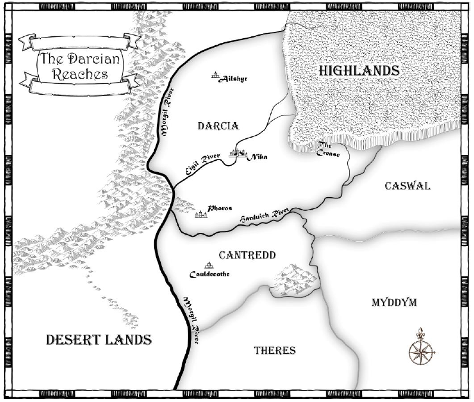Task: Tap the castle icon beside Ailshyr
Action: tap(215, 76)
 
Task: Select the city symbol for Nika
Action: tap(237, 153)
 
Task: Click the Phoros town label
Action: tap(220, 209)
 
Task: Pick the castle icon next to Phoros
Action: tap(200, 212)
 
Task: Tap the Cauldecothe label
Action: tap(209, 275)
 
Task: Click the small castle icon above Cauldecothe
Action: tap(209, 265)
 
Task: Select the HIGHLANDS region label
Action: tap(358, 70)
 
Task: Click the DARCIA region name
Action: tap(217, 126)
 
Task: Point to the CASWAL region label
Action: tap(407, 186)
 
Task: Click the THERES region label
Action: tap(275, 350)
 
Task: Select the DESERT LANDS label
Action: tap(98, 339)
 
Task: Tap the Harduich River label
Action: tap(264, 216)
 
